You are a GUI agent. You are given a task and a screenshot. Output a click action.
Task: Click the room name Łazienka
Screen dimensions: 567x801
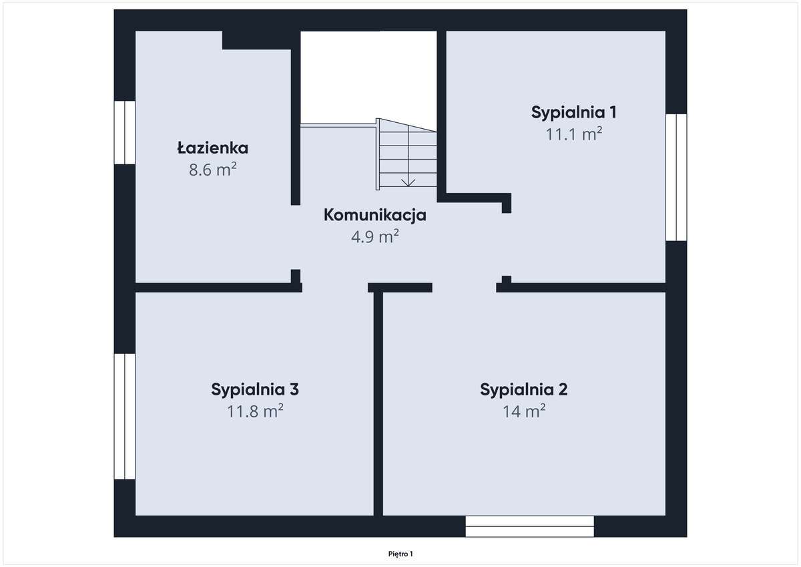[x=212, y=148]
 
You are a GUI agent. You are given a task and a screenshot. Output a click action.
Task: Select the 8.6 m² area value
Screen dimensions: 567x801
[x=212, y=169]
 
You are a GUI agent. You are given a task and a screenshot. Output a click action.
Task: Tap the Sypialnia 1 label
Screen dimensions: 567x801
[x=573, y=112]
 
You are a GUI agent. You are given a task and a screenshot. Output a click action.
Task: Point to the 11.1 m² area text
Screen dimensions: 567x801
[x=573, y=134]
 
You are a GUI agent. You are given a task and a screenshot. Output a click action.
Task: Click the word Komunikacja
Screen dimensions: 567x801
[x=374, y=215]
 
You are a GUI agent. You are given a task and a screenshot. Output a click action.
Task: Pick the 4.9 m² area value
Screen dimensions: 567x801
[x=374, y=236]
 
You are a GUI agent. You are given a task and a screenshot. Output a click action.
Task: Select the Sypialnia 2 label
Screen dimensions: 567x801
[x=523, y=389]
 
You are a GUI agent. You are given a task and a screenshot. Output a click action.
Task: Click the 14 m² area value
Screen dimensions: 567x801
[x=523, y=411]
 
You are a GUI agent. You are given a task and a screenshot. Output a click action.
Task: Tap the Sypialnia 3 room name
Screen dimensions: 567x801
[x=255, y=389]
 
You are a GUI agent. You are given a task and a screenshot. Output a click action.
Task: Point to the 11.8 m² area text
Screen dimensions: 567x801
[x=255, y=411]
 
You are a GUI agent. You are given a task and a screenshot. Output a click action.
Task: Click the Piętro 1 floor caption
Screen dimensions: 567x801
[x=400, y=554]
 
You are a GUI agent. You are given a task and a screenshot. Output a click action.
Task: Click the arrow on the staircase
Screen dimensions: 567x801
[x=408, y=180]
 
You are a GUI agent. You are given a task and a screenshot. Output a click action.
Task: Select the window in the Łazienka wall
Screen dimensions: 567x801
[x=125, y=132]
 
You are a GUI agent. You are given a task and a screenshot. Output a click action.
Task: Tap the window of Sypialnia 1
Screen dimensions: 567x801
[x=676, y=177]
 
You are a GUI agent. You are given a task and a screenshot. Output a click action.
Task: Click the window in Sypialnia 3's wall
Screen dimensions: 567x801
[x=125, y=416]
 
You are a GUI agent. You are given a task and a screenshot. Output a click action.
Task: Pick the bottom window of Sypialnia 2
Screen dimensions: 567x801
[x=529, y=526]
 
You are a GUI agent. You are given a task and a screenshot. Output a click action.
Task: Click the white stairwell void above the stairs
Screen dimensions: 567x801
[x=368, y=73]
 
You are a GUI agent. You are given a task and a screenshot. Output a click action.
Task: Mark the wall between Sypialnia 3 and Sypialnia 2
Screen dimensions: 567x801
[x=378, y=401]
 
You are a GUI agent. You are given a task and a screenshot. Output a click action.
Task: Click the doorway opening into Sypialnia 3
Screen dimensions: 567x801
[x=334, y=287]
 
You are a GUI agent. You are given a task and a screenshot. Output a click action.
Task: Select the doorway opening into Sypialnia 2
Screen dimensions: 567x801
[x=464, y=287]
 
